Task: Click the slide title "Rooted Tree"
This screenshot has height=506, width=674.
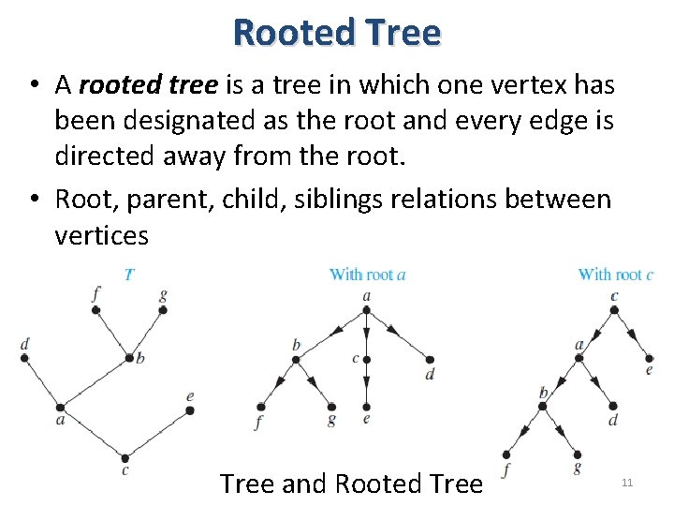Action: tap(337, 32)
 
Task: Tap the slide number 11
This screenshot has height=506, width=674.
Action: tap(627, 483)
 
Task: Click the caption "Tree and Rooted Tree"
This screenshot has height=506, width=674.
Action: tap(351, 484)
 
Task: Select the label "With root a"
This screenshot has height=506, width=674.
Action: tap(367, 275)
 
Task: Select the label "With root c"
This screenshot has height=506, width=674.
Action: tap(615, 275)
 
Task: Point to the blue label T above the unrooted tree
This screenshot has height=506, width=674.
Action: tap(129, 275)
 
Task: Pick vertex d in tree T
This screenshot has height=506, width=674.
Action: tap(25, 357)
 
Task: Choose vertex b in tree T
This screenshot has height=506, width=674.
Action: tap(129, 357)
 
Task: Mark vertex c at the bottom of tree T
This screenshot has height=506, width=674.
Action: tap(125, 457)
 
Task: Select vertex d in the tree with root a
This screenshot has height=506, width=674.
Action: tap(430, 359)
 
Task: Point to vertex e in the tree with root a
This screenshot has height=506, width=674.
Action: tap(366, 408)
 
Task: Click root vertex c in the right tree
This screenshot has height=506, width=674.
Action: tap(614, 309)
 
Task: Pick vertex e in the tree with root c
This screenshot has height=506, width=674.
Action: tap(648, 357)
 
